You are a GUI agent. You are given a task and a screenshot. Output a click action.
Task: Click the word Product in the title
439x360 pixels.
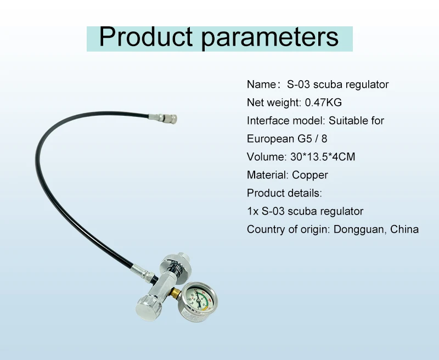coord(145,37)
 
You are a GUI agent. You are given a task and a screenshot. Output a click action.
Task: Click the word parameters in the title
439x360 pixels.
coord(270,38)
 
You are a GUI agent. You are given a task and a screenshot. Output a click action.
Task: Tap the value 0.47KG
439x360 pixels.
coord(323,103)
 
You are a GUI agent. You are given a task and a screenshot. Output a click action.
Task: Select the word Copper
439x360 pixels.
coord(310,175)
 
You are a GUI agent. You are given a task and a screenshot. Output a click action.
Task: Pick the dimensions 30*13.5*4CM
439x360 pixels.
coord(323,157)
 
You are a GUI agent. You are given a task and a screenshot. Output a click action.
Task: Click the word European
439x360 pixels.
coord(271,139)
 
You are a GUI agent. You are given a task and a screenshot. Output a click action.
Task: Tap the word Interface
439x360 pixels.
coord(268,121)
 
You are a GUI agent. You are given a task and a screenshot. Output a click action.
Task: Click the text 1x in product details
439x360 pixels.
coord(252,211)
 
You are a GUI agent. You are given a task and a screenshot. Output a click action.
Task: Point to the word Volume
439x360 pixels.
coord(266,157)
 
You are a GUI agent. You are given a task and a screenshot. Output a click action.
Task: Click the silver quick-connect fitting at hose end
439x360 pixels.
coord(162,119)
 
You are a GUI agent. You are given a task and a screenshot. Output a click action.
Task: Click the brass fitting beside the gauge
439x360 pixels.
coord(176,293)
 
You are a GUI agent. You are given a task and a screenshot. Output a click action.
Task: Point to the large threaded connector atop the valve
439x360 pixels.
coord(176,266)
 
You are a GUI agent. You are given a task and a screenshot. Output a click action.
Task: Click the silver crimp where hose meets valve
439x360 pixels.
coord(143,272)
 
